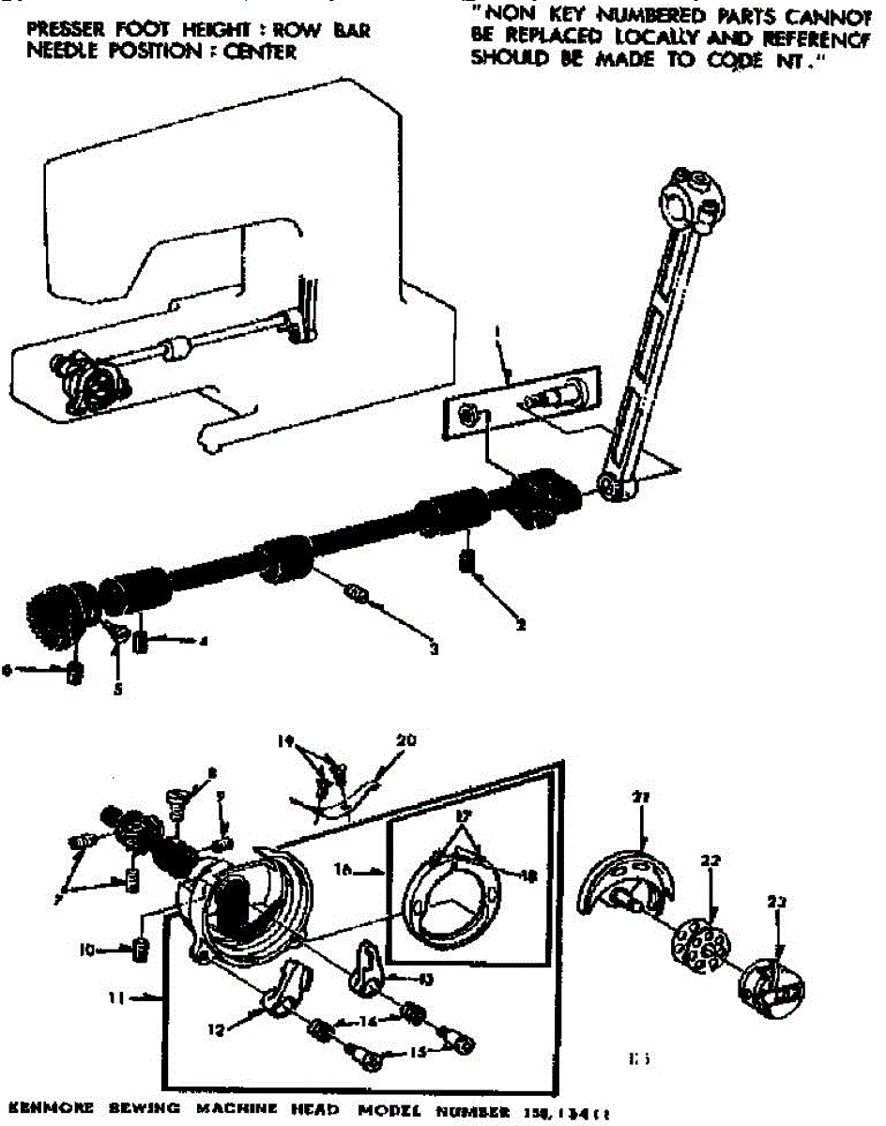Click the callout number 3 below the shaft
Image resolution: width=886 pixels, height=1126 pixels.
[435, 647]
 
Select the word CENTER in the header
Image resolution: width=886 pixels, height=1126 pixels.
[257, 53]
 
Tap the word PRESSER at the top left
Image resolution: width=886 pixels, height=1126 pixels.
[62, 30]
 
